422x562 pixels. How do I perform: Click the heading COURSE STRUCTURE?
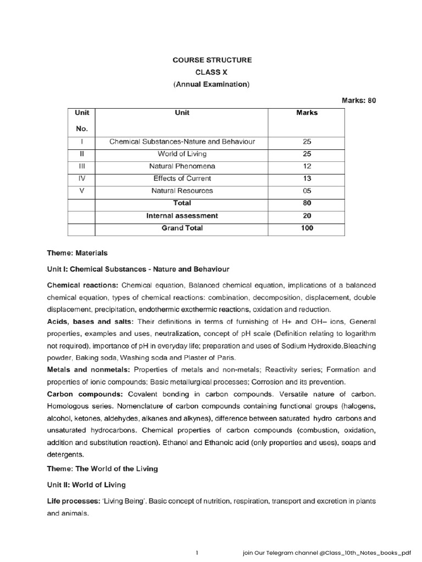(x=212, y=60)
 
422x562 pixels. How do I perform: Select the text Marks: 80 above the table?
(x=359, y=100)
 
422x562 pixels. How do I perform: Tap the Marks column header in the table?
(x=307, y=113)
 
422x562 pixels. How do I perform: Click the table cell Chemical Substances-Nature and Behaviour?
(x=182, y=142)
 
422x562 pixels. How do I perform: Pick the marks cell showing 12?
(x=307, y=166)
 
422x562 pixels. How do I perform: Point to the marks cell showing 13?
(x=307, y=178)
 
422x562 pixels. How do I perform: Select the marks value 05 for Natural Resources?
(x=307, y=191)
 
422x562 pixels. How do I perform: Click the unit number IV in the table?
(x=81, y=178)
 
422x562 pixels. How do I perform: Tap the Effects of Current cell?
(x=182, y=178)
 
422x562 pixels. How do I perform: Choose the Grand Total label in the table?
(x=182, y=228)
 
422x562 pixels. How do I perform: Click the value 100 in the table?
(x=307, y=228)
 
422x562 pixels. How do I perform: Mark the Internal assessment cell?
(x=182, y=216)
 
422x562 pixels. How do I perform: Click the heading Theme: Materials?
(x=77, y=253)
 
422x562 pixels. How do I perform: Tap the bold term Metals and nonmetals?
(x=90, y=369)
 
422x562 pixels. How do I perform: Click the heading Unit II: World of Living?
(x=86, y=485)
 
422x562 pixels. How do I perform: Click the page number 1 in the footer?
(x=196, y=553)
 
